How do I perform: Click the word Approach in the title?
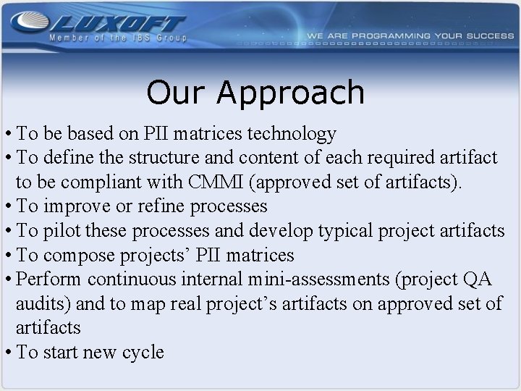tap(290, 93)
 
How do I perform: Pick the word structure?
tap(159, 157)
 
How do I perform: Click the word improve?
tap(77, 206)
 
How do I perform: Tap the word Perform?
tap(49, 279)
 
